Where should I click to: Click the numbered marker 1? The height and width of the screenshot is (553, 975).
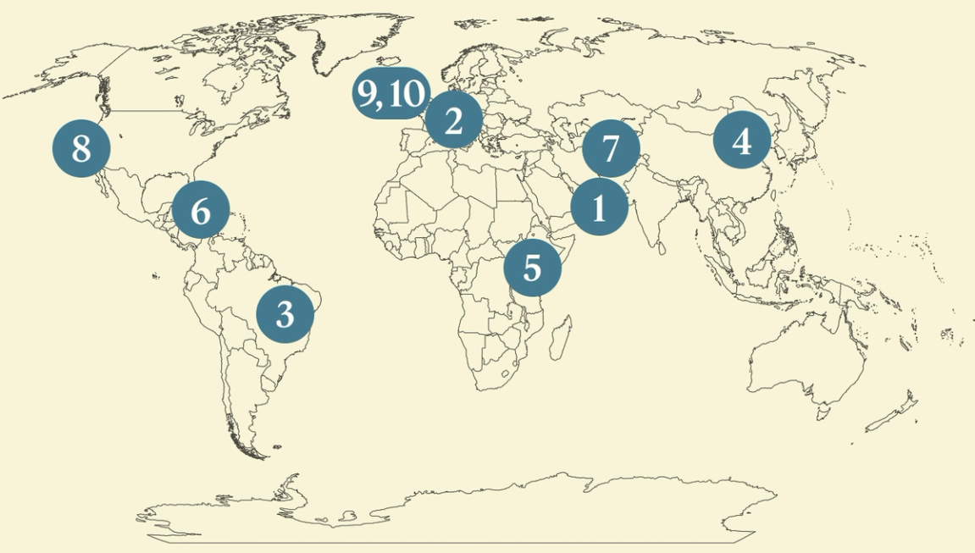point(599,207)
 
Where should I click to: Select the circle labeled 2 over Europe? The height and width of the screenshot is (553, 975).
point(453,121)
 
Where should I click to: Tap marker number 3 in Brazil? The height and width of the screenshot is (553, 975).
point(285,314)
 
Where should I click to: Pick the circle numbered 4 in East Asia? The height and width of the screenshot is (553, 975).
point(741,141)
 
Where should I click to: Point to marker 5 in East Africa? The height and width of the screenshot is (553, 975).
point(532,267)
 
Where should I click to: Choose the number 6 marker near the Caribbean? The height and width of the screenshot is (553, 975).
point(201,210)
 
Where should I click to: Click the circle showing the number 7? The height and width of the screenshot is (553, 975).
point(610,149)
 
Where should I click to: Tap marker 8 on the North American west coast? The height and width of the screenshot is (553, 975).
point(81,149)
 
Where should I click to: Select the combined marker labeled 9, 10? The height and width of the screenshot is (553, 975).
point(391,93)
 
